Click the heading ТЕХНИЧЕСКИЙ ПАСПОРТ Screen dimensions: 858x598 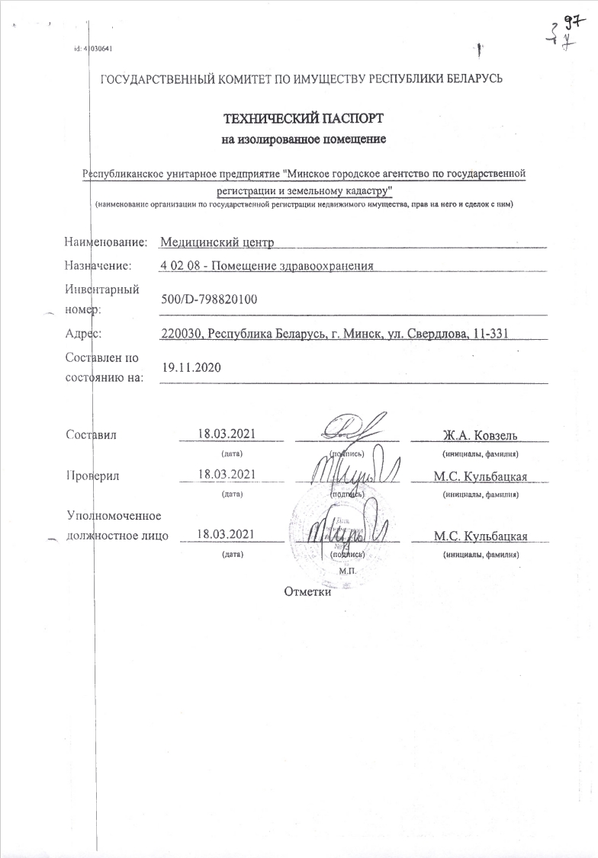(304, 120)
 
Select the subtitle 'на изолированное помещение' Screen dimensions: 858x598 (304, 139)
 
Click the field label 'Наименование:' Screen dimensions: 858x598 (106, 242)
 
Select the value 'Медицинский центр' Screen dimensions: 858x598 (217, 242)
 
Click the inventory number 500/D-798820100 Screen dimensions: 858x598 (210, 300)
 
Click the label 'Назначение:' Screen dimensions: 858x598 (98, 265)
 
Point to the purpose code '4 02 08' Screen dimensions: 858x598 (180, 265)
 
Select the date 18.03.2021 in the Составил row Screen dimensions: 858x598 (226, 434)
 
